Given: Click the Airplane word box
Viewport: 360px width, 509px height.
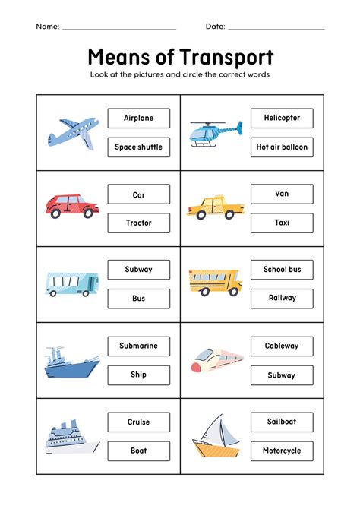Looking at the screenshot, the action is tap(139, 119).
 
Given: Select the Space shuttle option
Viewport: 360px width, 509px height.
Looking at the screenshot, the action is tap(139, 147).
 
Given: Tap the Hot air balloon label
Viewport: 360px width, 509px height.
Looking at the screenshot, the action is tap(282, 147).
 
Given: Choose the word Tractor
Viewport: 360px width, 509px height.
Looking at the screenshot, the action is tap(139, 223).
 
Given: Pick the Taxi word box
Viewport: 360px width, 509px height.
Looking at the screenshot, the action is tap(282, 223).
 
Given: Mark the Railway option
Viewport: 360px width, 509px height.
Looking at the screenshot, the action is tap(282, 298).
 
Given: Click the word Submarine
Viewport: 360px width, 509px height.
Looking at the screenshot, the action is tap(139, 346).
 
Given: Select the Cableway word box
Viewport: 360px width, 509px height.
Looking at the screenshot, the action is tap(282, 346).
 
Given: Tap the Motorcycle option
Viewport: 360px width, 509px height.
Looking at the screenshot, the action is tap(282, 451).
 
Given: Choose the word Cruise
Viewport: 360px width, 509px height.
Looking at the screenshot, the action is tap(139, 422).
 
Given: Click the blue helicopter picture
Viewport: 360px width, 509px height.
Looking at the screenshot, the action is tap(215, 133).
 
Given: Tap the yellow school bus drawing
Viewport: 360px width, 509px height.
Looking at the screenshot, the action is tap(215, 282).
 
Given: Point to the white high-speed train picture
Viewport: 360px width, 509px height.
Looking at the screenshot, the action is tap(214, 359).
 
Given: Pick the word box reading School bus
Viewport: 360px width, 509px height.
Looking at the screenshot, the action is tap(282, 270).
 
